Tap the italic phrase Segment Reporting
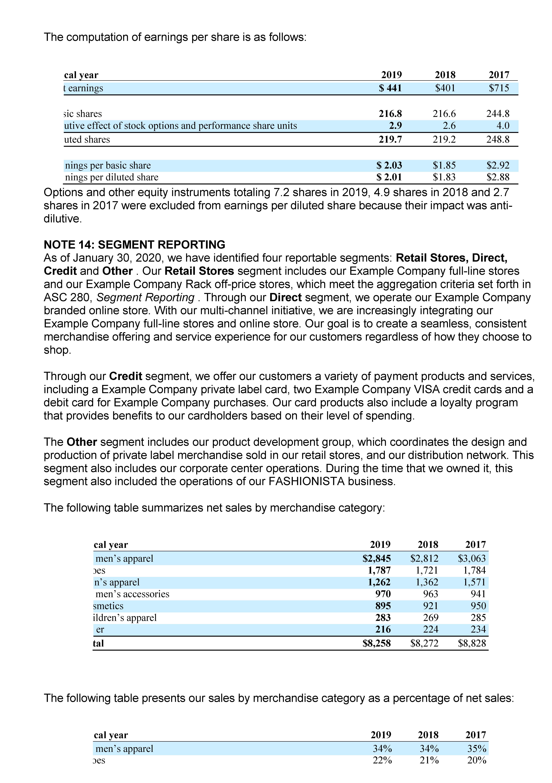tap(145, 297)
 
